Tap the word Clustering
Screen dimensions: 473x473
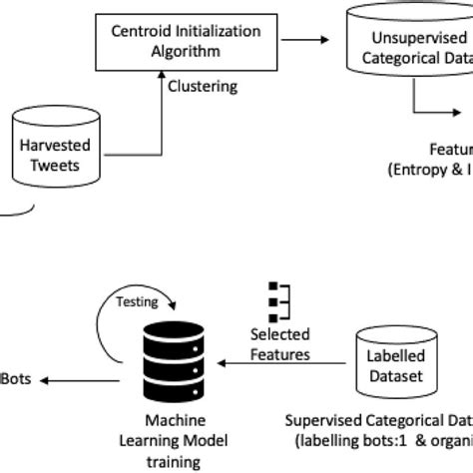204,87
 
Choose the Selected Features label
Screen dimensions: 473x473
280,344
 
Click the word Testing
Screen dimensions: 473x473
137,299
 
